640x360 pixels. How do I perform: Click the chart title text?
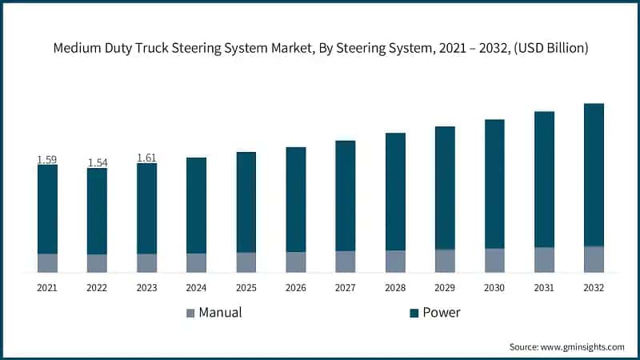(x=320, y=49)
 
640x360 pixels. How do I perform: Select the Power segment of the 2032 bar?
(x=594, y=174)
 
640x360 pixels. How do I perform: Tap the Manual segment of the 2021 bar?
(x=47, y=263)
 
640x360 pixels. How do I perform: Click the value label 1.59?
(x=47, y=160)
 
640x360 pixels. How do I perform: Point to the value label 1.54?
(x=97, y=163)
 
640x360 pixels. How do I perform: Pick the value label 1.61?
(x=146, y=158)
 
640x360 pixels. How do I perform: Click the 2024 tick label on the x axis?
(x=196, y=287)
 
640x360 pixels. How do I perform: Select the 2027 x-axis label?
(x=345, y=287)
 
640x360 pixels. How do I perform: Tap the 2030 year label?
(x=494, y=287)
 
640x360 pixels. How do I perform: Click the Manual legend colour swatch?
(x=190, y=313)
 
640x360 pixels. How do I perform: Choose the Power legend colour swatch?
(x=414, y=313)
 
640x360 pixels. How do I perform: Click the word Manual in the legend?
(x=220, y=313)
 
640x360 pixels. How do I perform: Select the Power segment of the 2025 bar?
(x=246, y=202)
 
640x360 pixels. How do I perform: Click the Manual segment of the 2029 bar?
(x=445, y=261)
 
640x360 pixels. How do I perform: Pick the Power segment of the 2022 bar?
(x=97, y=211)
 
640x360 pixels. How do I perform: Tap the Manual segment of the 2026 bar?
(x=296, y=262)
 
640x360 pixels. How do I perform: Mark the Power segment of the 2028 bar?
(x=395, y=191)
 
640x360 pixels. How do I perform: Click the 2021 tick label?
(x=47, y=287)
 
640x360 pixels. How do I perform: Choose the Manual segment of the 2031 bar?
(x=544, y=260)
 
